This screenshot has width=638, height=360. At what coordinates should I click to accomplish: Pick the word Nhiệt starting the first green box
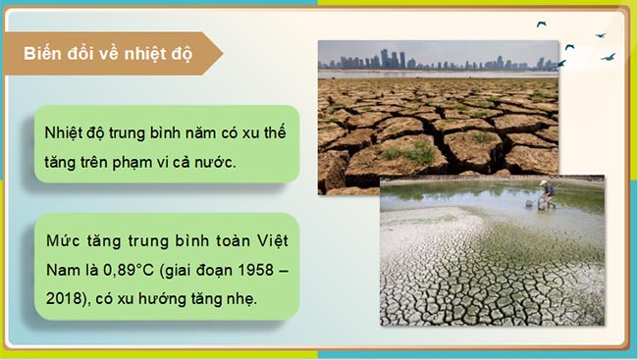(65, 131)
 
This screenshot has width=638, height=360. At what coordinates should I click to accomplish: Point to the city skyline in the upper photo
(432, 59)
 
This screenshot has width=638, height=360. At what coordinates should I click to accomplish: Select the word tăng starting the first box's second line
(62, 161)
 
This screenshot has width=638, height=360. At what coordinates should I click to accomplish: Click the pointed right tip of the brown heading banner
(222, 53)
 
